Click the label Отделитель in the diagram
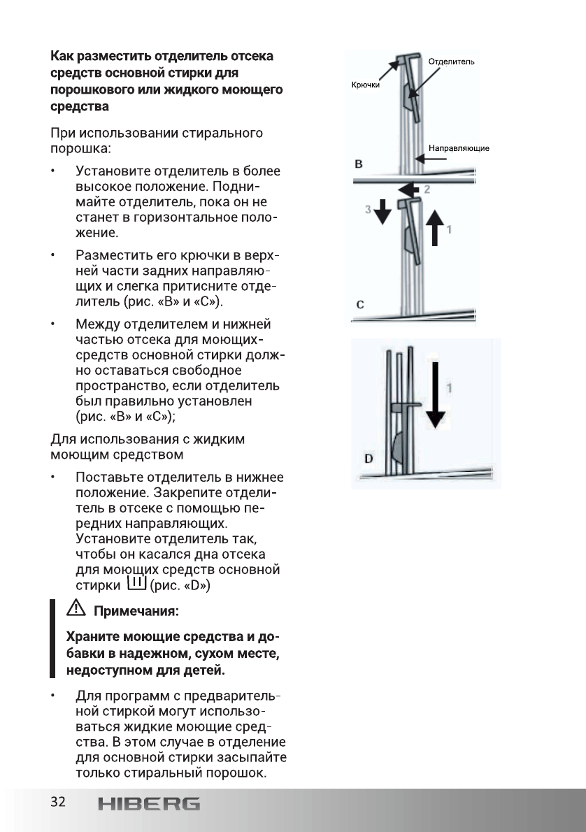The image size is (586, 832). (451, 62)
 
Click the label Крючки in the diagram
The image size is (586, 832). (364, 85)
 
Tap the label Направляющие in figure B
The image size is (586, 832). (458, 148)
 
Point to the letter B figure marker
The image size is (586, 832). (359, 164)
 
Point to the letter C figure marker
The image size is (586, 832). (359, 305)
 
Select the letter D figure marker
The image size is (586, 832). (368, 459)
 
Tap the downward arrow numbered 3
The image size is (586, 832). (382, 213)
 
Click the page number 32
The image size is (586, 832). (57, 802)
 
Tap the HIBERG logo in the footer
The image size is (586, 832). (148, 804)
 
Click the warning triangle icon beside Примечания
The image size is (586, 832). (73, 610)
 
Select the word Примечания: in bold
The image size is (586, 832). (137, 611)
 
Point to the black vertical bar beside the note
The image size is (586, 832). (52, 638)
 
